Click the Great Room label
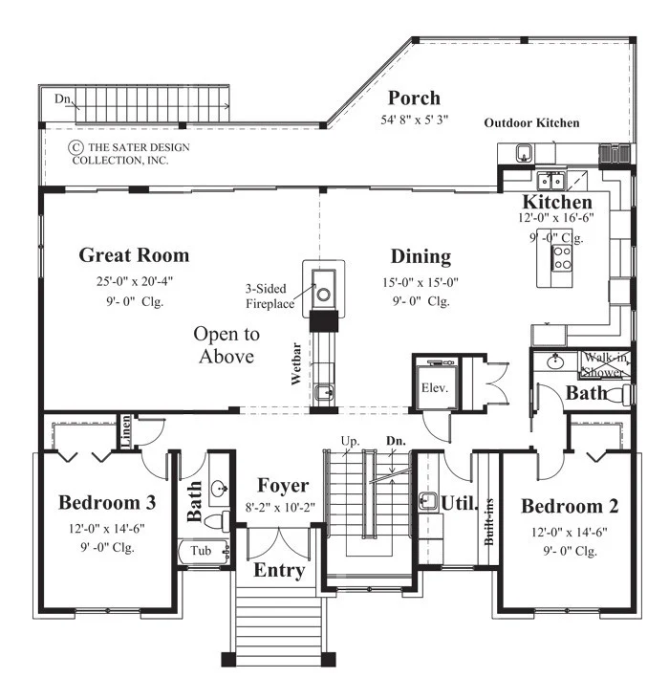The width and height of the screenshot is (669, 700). coord(134,255)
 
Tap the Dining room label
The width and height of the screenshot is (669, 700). coord(421,256)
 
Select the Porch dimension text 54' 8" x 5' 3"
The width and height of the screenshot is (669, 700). coord(414,120)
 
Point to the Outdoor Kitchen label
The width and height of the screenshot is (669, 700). coord(531,123)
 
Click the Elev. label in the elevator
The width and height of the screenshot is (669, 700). coord(435,388)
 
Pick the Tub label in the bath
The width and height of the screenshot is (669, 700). coord(201,551)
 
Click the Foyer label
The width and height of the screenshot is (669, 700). coord(283,486)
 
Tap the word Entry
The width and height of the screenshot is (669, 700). coord(279,571)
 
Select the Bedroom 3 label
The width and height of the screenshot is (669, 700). coord(107,503)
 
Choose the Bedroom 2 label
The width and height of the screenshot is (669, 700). coord(570,506)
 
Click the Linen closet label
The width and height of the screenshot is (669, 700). coord(126,431)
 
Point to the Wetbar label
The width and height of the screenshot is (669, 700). coord(296,363)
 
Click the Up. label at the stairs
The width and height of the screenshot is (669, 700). coord(351,441)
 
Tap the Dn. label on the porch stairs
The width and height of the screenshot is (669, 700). coord(62,98)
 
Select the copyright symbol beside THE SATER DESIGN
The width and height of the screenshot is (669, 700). coord(76,147)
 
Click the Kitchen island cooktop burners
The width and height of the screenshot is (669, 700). coord(562,258)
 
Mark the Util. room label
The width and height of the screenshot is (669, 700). coord(460,503)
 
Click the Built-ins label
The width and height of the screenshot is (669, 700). coord(489,521)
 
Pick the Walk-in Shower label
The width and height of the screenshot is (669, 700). coord(606,364)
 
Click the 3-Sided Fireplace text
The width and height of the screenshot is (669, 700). coord(270,296)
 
